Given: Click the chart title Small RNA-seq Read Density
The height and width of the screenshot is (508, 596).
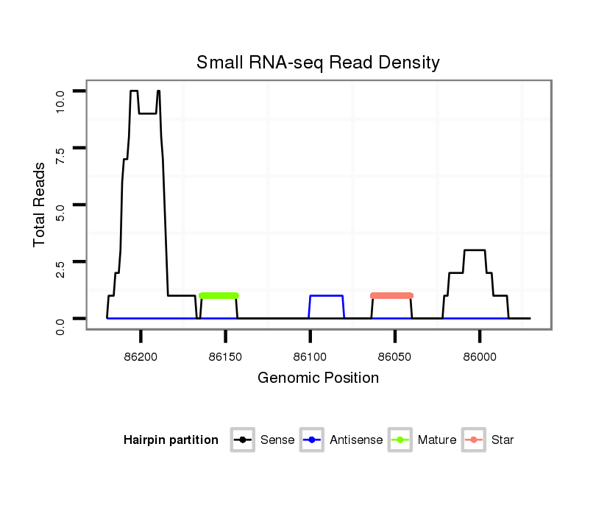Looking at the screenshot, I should click(318, 63).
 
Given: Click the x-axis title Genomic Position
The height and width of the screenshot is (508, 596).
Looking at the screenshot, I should click(318, 378).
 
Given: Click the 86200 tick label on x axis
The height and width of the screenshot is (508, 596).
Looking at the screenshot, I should click(141, 356).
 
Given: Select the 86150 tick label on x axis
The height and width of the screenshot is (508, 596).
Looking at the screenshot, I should click(225, 356).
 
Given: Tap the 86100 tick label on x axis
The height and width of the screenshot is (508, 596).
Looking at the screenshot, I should click(310, 356).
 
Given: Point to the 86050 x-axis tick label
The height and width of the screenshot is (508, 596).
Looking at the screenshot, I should click(394, 356).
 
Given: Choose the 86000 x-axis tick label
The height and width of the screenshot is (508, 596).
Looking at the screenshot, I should click(479, 356).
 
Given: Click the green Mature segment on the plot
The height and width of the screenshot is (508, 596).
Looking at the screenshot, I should click(219, 295).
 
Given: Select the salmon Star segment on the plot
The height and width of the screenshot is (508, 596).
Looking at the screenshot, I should click(391, 295).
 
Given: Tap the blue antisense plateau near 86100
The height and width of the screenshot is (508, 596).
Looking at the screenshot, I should click(327, 296).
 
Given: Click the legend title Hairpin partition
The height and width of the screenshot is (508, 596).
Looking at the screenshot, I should click(171, 440).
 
